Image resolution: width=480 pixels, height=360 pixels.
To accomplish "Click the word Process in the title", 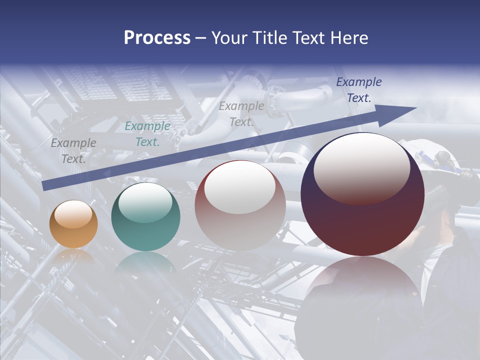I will pos(157,38).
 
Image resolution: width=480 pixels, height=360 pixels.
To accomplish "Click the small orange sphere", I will pos(73,224).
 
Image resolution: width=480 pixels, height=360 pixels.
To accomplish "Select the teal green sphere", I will pos(145,217).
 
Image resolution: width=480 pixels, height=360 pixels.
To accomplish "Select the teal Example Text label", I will pos(147,134).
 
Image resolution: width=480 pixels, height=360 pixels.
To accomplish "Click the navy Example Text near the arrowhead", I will pos(358,90).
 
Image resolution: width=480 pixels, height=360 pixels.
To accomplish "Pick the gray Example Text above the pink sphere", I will pos(241,113).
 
